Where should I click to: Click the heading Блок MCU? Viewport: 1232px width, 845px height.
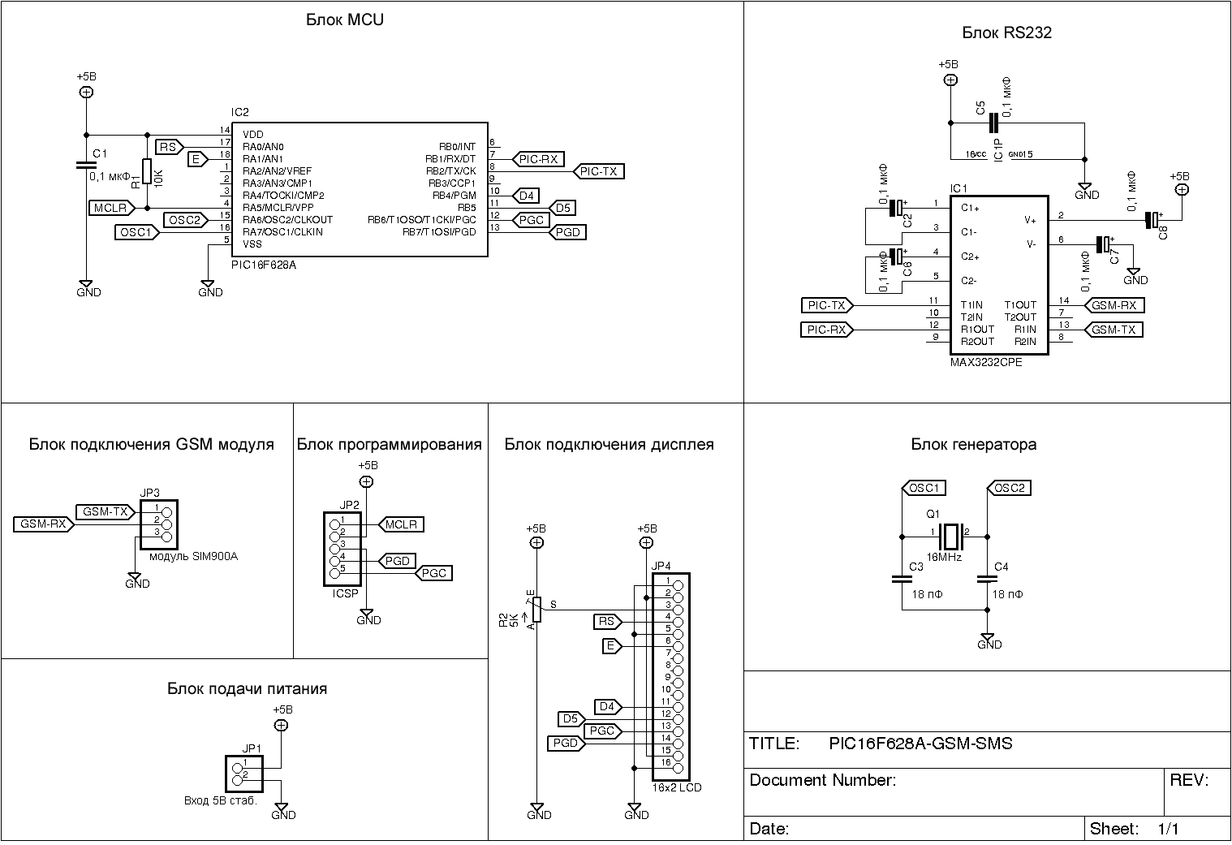344,19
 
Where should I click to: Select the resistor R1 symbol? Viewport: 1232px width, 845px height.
147,171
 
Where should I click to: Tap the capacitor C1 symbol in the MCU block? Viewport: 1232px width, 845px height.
86,165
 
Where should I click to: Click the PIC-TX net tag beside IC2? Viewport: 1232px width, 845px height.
598,171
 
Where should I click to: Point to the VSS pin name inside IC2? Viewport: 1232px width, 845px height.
252,244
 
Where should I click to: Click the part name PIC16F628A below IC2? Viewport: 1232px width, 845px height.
264,265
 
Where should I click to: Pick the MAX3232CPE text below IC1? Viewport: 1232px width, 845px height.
986,363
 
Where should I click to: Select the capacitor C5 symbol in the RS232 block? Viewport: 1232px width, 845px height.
993,123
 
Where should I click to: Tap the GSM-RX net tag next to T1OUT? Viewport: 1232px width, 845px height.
1114,305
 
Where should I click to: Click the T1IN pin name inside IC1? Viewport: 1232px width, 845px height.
971,305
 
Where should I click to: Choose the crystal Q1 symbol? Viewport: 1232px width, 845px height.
950,537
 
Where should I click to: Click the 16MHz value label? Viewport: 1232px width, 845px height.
944,558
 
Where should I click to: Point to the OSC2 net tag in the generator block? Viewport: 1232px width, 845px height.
1009,488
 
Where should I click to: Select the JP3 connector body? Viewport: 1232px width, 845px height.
159,524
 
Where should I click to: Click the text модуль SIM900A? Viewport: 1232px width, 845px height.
194,557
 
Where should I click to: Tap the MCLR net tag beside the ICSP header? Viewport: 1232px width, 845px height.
401,525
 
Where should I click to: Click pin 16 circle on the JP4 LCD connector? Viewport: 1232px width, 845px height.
678,768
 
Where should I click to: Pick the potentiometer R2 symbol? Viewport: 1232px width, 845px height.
536,610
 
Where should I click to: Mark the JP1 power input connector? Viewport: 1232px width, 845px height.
244,774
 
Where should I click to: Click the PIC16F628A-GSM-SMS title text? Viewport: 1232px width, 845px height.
920,744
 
